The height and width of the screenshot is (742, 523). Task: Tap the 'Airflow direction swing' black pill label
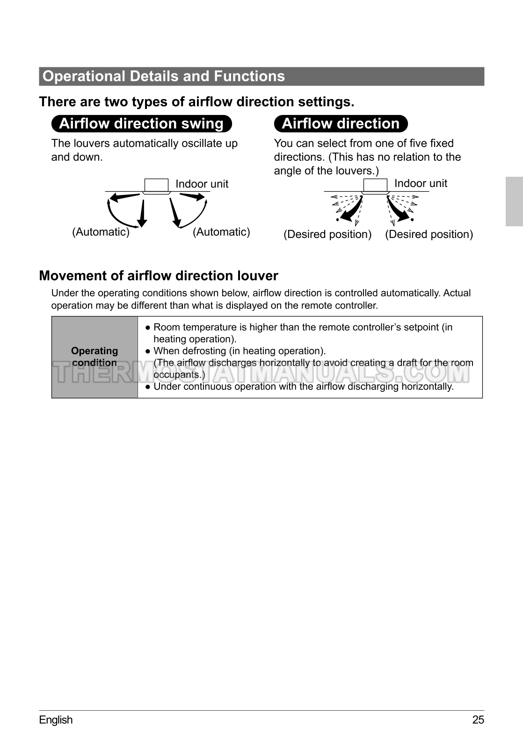coord(141,124)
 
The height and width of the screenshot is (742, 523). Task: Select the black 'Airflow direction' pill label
coord(341,124)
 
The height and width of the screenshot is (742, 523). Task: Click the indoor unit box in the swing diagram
coord(156,185)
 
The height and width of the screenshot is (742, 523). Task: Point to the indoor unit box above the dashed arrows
coord(375,185)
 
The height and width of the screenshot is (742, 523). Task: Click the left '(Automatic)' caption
coord(101,232)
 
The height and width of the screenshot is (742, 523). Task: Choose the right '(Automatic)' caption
coord(221,232)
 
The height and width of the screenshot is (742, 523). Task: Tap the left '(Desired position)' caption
coord(327,234)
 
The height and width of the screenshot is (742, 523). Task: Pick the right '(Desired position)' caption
coord(429,234)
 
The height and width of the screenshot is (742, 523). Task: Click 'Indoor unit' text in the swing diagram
coord(202,184)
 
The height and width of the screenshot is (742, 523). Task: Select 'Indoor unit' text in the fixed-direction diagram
coord(421,183)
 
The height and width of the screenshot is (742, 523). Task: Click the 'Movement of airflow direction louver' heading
coord(159,276)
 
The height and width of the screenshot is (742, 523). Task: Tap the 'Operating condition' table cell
coord(94,357)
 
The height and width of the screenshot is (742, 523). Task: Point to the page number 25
coord(478,720)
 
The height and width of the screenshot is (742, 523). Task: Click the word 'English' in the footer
coord(56,720)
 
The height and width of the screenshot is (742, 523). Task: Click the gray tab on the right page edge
coord(514,202)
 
